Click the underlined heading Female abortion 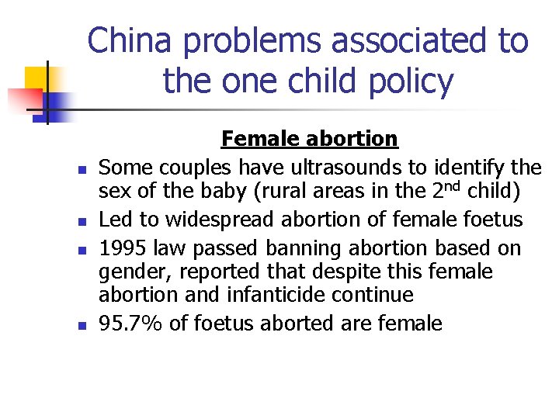[x=309, y=139]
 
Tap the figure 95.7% [x=130, y=323]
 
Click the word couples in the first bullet [x=190, y=167]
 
